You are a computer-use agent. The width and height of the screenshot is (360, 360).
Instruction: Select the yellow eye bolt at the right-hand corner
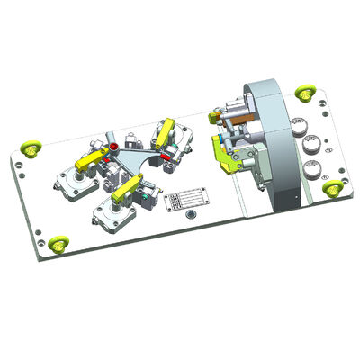334,186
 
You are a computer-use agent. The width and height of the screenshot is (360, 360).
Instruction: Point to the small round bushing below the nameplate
187,217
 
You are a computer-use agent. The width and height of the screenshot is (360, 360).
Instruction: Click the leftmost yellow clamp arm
88,162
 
